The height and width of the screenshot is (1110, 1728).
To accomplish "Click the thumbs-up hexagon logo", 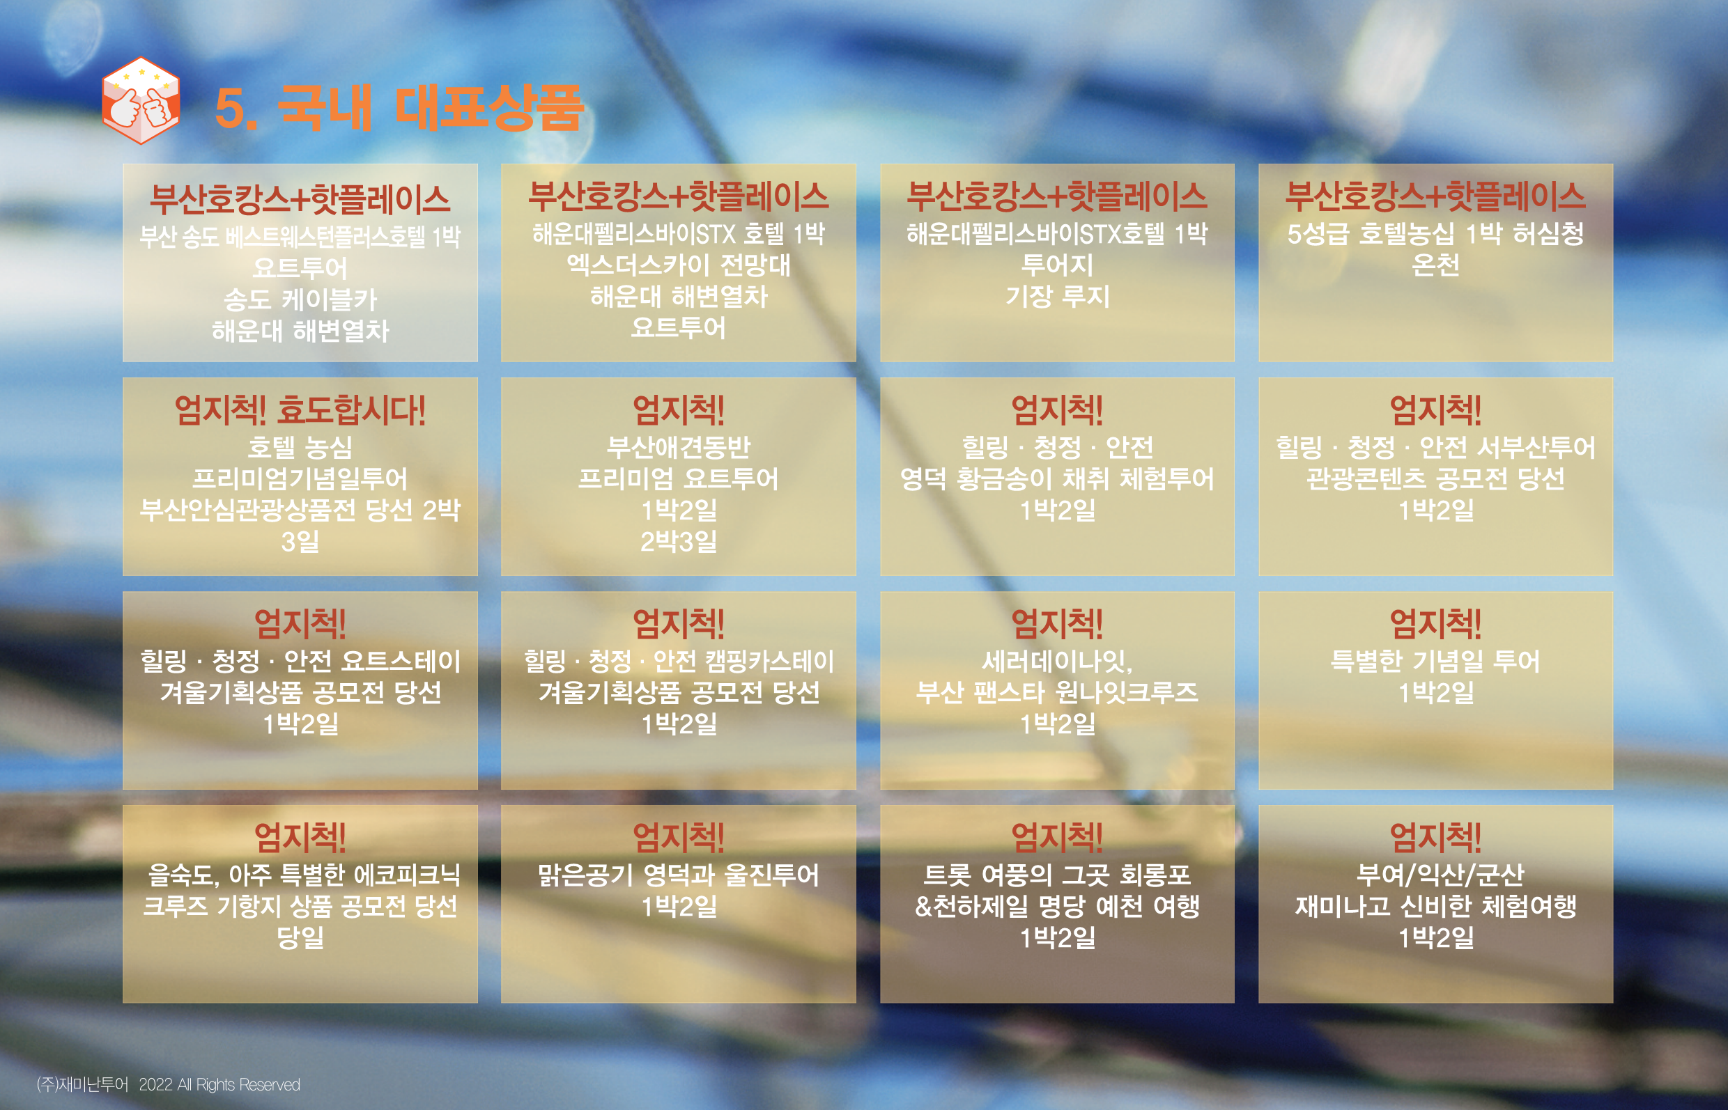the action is (x=141, y=100).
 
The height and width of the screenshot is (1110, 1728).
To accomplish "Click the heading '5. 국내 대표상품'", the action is (x=399, y=108).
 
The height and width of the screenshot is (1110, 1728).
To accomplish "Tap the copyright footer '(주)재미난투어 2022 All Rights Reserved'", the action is (x=168, y=1084).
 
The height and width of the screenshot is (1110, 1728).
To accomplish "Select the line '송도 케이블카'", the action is (x=300, y=299).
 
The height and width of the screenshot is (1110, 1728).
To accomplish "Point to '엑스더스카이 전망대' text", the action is (x=679, y=265).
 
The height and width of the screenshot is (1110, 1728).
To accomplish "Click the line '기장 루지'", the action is (x=1057, y=296).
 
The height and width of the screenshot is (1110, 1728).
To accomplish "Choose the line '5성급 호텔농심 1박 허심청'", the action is (x=1435, y=233).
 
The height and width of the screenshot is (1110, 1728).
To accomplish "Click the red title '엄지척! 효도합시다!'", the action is (x=300, y=410).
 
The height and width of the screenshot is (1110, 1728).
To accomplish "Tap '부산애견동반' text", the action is (x=679, y=447).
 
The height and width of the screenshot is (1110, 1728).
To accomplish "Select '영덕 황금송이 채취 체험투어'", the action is (x=1057, y=478).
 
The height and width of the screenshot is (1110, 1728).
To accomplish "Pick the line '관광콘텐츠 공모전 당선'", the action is (x=1435, y=478).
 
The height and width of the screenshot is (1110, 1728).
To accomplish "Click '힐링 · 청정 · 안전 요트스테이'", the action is (x=300, y=661).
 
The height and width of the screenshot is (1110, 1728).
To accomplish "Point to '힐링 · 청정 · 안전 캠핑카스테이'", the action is (x=679, y=661).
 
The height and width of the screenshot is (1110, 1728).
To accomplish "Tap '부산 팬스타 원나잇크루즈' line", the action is (x=1057, y=693).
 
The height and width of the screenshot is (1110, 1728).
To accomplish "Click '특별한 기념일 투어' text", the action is (x=1435, y=661).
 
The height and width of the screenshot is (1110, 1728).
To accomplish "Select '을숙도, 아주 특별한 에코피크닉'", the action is (x=304, y=875).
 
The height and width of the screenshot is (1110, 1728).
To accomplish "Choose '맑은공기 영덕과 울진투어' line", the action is (x=679, y=875).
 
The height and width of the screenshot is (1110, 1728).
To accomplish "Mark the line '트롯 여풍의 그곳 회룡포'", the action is (x=1057, y=875).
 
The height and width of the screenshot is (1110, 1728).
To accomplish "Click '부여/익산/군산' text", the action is (x=1440, y=875).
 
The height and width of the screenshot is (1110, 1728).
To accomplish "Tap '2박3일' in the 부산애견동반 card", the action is (x=679, y=541).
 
